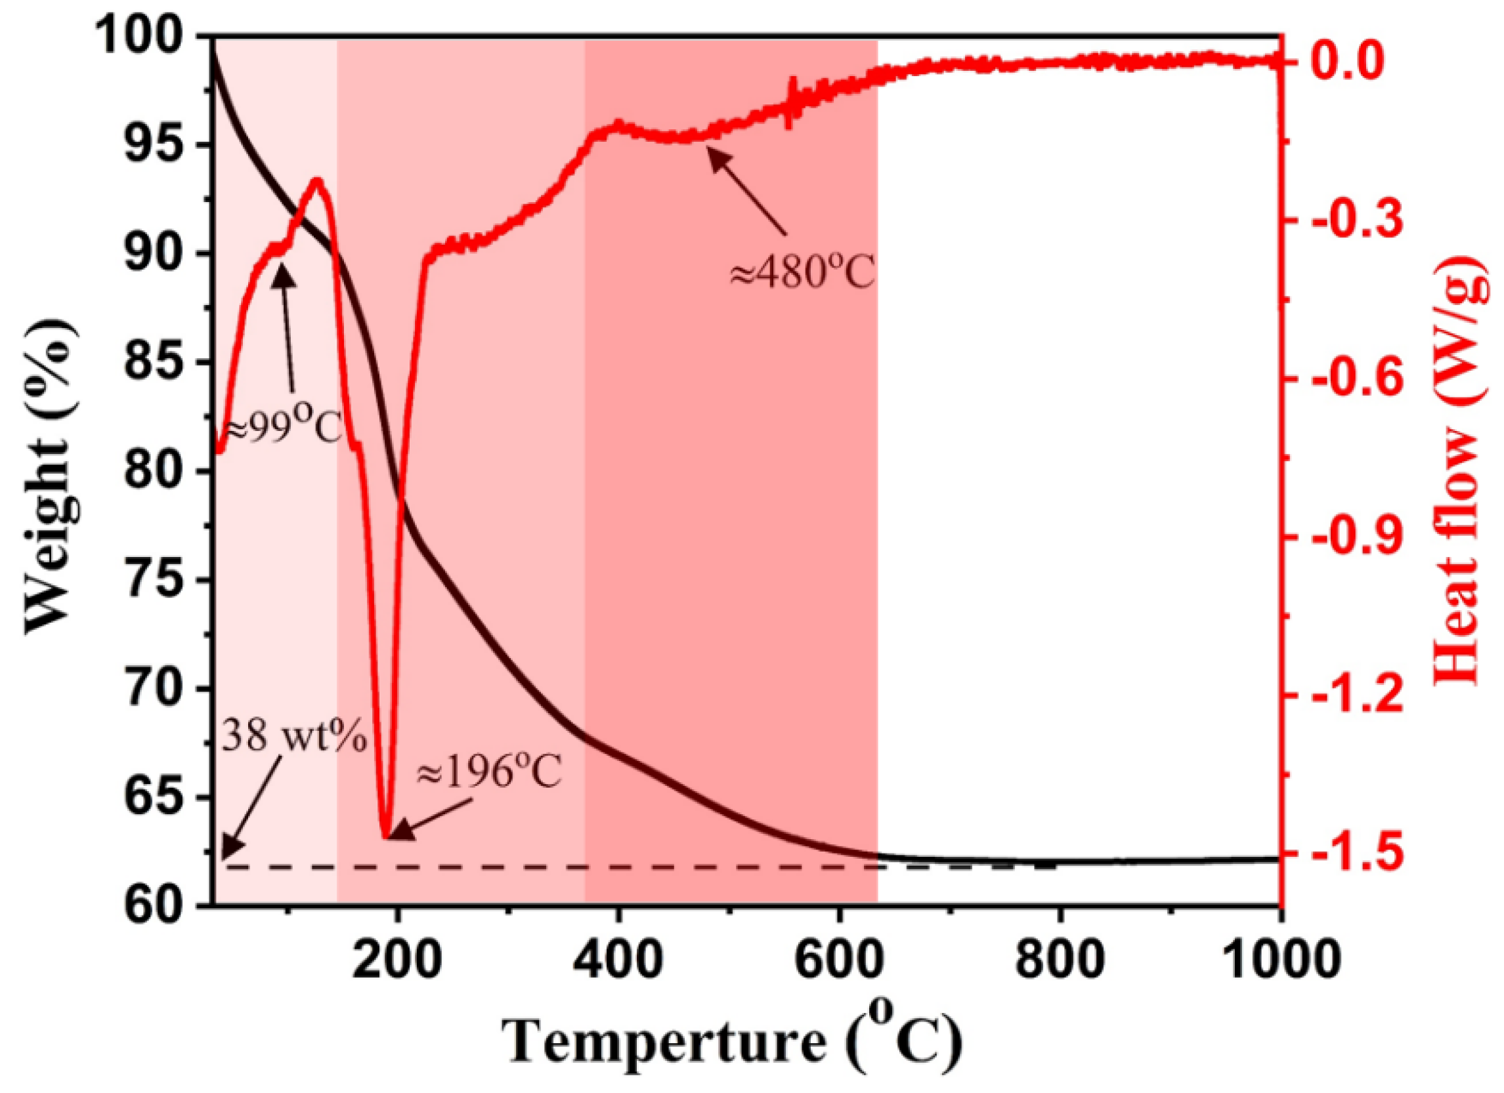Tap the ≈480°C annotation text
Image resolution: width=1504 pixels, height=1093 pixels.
[x=802, y=272]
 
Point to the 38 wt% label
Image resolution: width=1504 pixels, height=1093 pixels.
[x=293, y=737]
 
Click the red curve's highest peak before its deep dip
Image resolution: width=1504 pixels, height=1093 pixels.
[x=317, y=180]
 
